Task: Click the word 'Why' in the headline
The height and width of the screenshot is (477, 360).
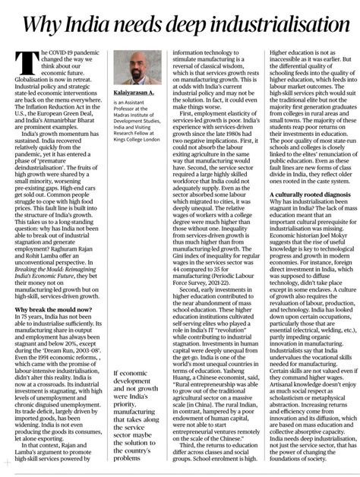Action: tap(45, 24)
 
